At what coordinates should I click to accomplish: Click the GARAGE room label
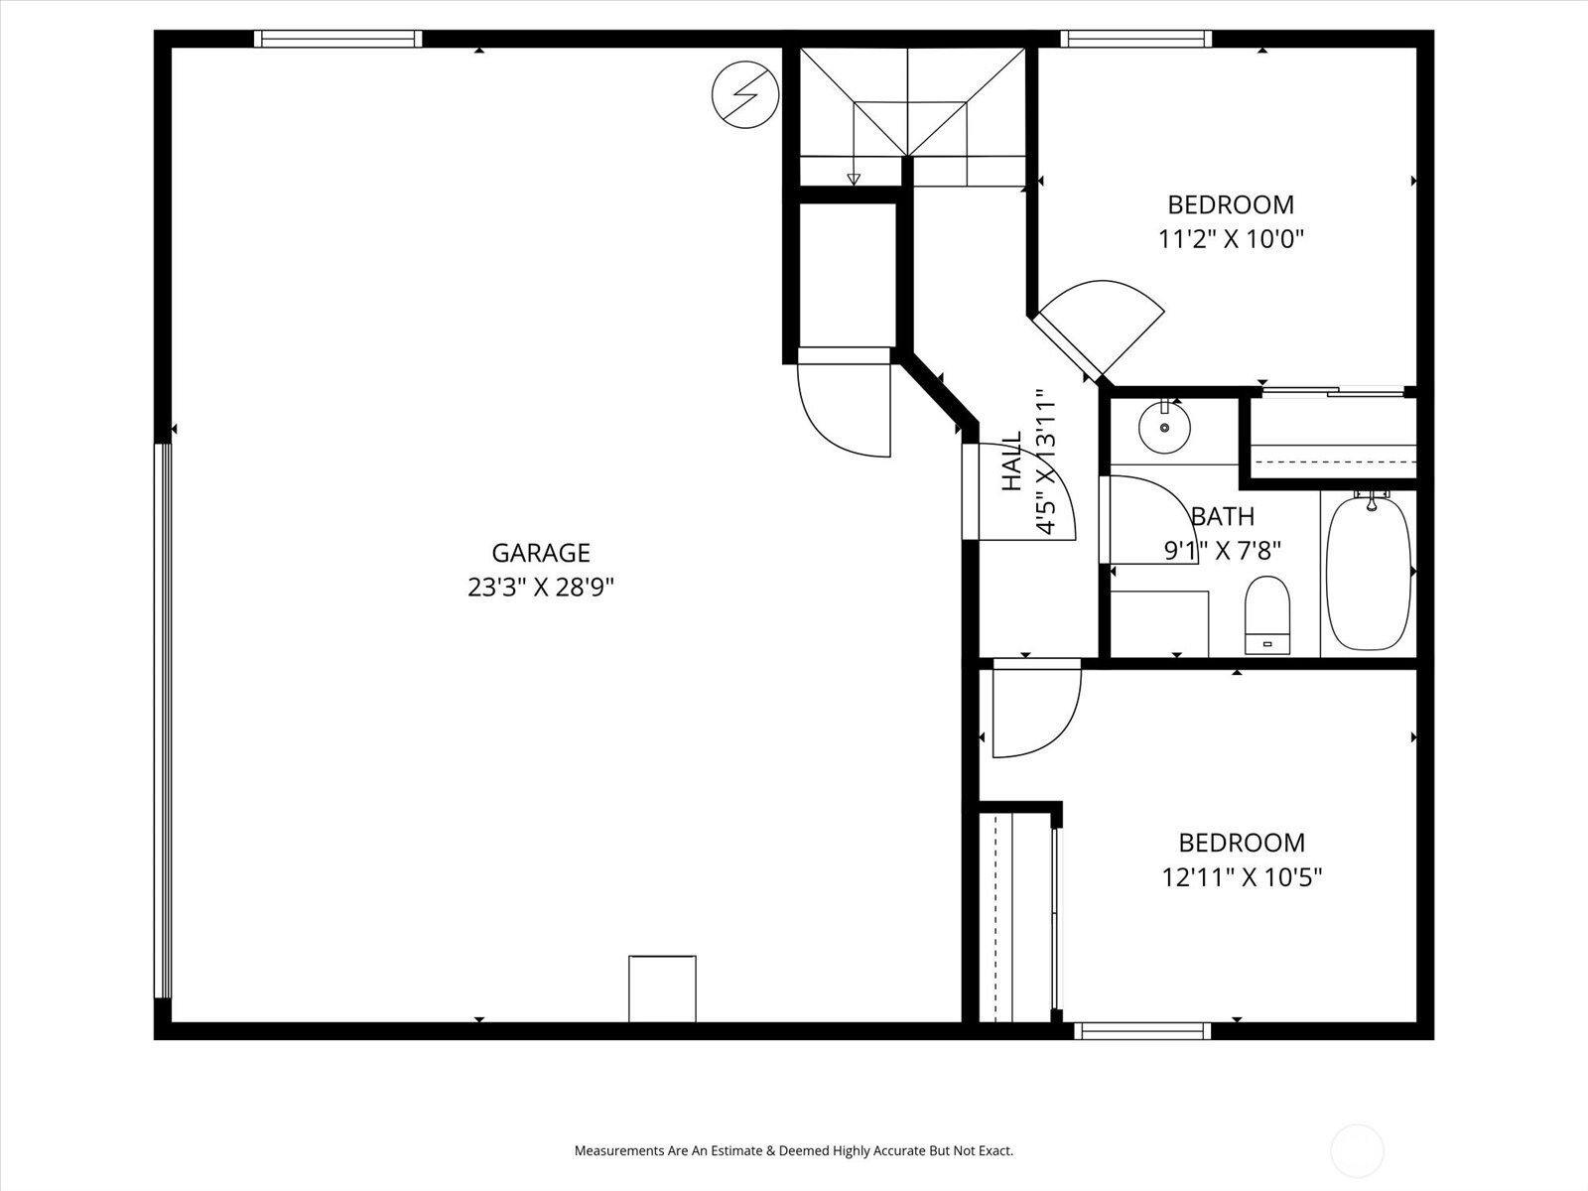click(541, 553)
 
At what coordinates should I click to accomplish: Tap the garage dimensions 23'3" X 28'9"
click(541, 588)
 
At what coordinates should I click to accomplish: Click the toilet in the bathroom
click(1267, 614)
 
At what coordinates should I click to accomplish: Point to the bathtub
click(1369, 573)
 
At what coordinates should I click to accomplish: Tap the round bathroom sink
click(1163, 428)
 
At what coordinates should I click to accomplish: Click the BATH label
click(1223, 516)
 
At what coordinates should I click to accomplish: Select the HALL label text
click(1011, 463)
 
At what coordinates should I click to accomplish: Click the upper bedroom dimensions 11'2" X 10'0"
click(1230, 239)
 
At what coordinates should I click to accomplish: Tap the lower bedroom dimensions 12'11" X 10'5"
click(1242, 877)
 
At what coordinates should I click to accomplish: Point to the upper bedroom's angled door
click(1102, 329)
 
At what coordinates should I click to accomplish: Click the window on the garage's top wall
click(337, 40)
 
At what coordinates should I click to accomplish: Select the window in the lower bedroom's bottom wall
click(1143, 1031)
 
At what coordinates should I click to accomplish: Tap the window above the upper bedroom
click(1135, 40)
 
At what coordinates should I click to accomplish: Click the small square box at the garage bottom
click(662, 989)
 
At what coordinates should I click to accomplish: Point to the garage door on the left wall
click(163, 720)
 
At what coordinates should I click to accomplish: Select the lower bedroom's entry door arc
click(1034, 710)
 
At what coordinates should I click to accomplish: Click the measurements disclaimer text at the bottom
click(793, 1151)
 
